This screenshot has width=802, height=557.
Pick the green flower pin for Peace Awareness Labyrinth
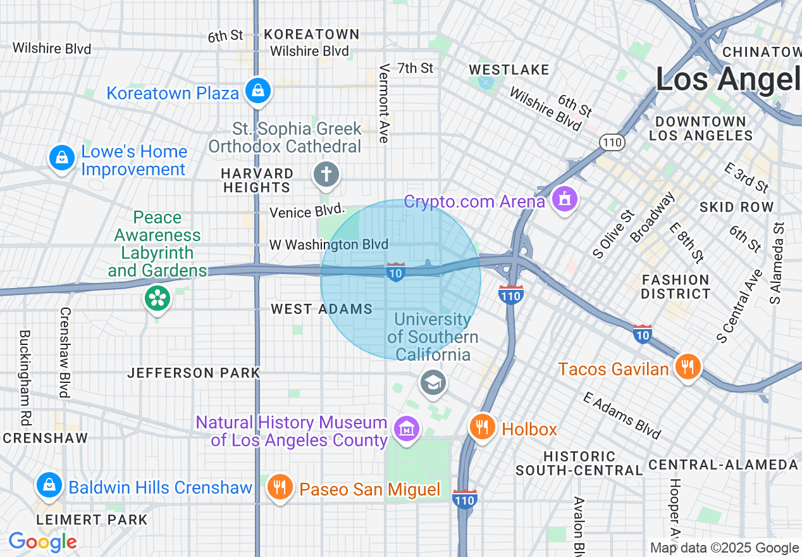click(157, 297)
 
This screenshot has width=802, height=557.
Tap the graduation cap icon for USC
click(433, 382)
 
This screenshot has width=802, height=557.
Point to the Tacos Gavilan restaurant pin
click(687, 367)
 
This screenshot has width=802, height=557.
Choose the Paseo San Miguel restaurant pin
click(279, 487)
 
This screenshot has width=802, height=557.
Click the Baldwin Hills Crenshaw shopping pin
click(49, 485)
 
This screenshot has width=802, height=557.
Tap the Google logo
click(42, 542)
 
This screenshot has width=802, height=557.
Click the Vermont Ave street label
click(383, 103)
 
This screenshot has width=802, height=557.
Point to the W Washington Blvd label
click(328, 244)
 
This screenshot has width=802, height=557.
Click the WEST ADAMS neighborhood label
click(322, 309)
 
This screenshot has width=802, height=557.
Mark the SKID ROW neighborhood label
click(736, 207)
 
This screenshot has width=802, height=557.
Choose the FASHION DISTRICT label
click(676, 287)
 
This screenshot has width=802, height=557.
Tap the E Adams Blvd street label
click(622, 416)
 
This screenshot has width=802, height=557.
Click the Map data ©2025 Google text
click(724, 548)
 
